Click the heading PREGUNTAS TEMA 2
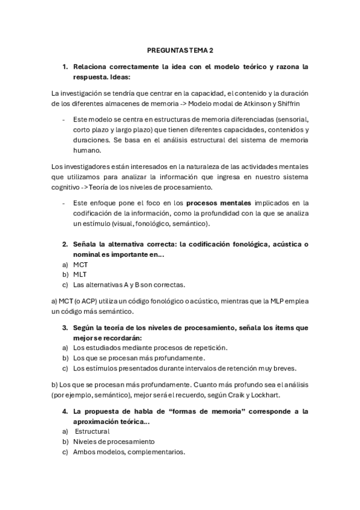(180, 52)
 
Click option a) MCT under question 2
(81, 264)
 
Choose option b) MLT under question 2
(80, 274)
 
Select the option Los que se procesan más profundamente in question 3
(130, 358)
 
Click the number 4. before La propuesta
(65, 411)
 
